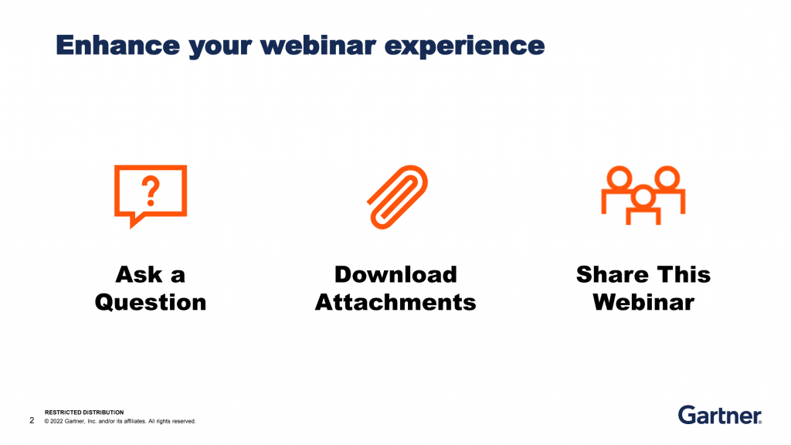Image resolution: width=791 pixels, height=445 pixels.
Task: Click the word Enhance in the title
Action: click(x=117, y=45)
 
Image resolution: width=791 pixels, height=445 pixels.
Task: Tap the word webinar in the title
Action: click(x=317, y=45)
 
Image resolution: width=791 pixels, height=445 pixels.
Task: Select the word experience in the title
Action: click(x=464, y=46)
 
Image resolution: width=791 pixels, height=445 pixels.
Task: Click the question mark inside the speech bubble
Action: click(x=151, y=191)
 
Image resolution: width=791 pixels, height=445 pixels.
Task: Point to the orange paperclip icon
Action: click(x=397, y=197)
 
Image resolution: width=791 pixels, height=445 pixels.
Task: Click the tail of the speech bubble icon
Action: click(x=135, y=221)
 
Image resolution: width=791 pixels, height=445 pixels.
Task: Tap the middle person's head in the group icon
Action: click(x=643, y=197)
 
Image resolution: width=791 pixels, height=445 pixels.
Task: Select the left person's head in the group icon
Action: click(x=619, y=178)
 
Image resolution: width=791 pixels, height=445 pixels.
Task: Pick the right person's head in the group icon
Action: click(x=667, y=178)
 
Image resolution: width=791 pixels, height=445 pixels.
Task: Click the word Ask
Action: click(x=139, y=275)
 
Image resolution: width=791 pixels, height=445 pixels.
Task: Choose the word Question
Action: click(x=151, y=303)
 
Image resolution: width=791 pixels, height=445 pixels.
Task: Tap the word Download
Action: click(x=395, y=275)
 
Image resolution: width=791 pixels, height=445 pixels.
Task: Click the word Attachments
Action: click(x=395, y=303)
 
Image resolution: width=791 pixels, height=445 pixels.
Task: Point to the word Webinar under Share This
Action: click(x=643, y=303)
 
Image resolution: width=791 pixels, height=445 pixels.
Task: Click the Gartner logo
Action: click(x=720, y=415)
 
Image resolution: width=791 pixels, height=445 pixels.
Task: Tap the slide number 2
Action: click(x=32, y=420)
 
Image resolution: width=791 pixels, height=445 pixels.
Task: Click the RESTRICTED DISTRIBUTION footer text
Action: click(x=84, y=413)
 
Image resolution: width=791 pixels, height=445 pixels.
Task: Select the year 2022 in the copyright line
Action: click(x=56, y=421)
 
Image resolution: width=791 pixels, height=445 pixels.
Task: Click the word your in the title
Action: click(x=220, y=46)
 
